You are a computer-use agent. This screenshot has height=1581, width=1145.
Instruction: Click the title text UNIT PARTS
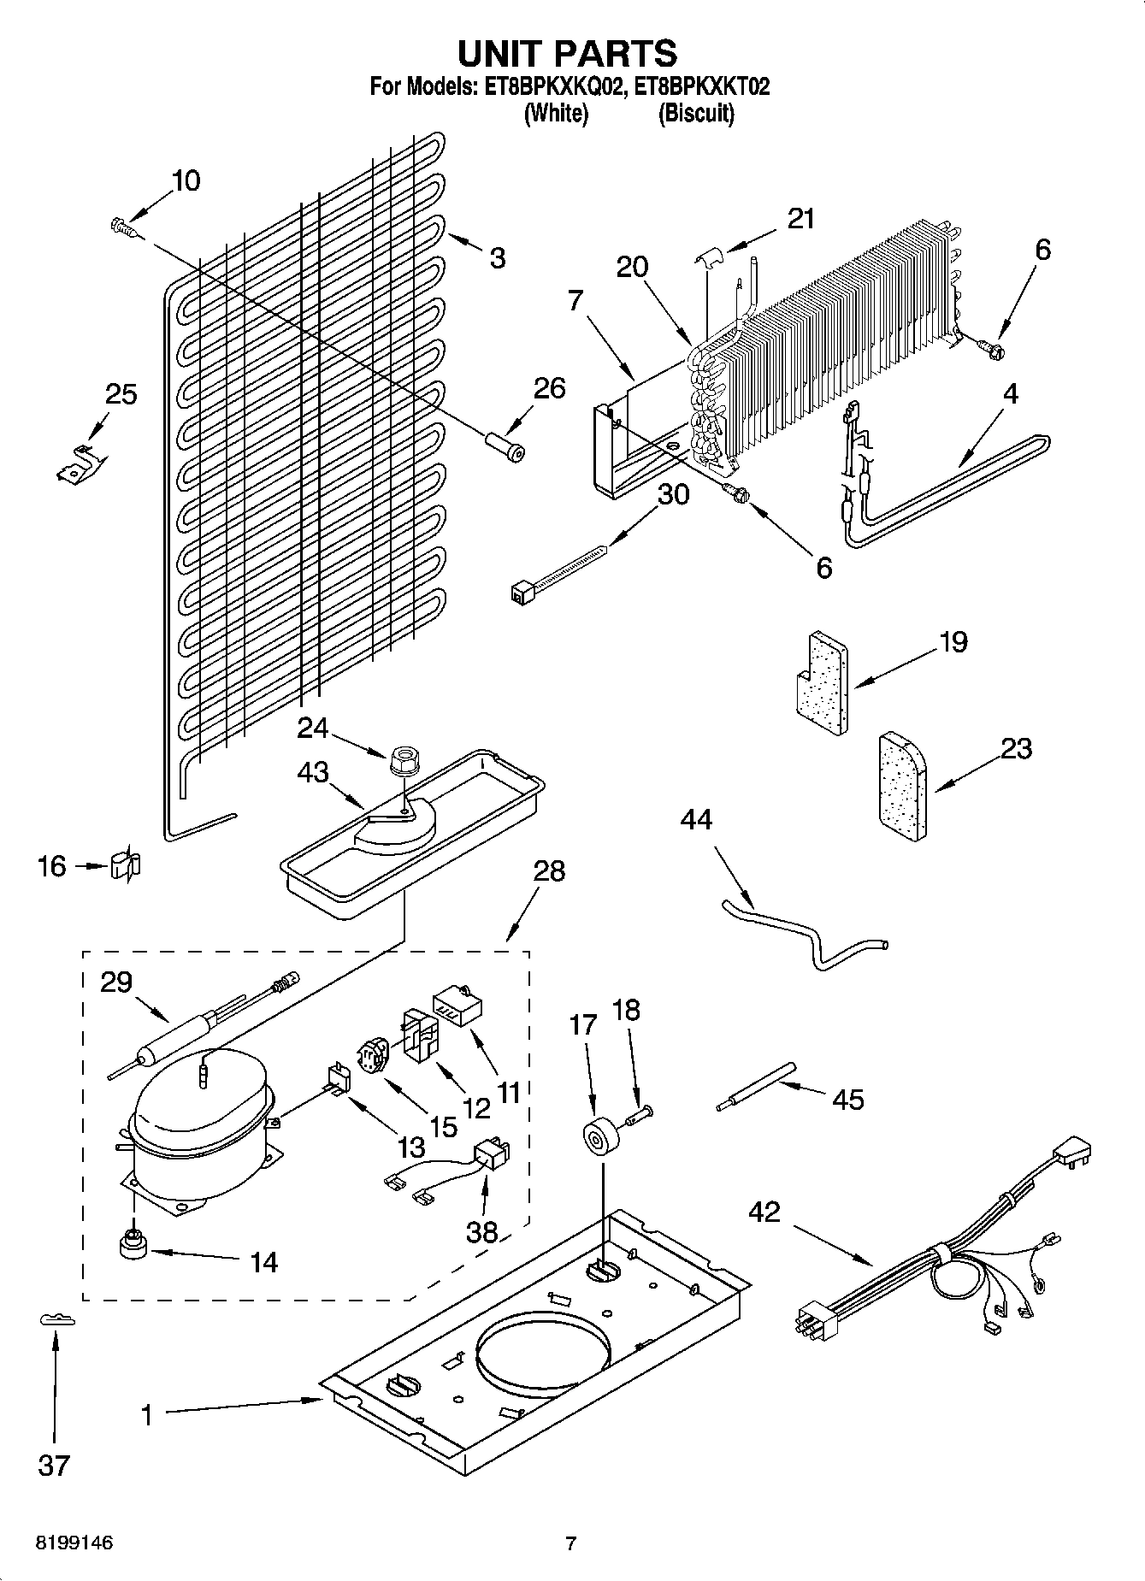pyautogui.click(x=567, y=53)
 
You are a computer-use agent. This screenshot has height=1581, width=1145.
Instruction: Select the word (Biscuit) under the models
pyautogui.click(x=696, y=114)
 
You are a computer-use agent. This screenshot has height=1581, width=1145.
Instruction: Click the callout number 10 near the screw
pyautogui.click(x=186, y=180)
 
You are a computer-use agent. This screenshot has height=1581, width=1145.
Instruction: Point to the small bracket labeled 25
pyautogui.click(x=80, y=463)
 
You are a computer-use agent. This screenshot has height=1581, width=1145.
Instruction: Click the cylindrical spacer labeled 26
pyautogui.click(x=505, y=447)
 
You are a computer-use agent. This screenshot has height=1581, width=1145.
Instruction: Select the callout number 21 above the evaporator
pyautogui.click(x=800, y=219)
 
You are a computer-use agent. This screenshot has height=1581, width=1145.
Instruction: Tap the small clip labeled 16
pyautogui.click(x=126, y=866)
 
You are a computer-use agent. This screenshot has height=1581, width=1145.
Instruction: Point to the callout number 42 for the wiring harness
pyautogui.click(x=765, y=1211)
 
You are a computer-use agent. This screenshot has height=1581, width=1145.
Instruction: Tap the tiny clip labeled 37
pyautogui.click(x=57, y=1321)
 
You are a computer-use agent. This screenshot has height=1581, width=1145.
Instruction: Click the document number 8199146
pyautogui.click(x=74, y=1543)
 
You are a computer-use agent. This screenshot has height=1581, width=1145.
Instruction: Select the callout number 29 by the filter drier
pyautogui.click(x=116, y=982)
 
